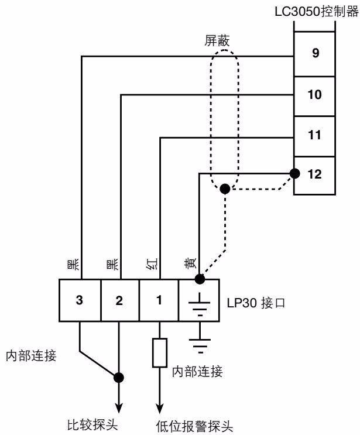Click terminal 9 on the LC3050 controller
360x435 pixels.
pos(314,54)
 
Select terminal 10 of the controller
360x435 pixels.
pos(314,96)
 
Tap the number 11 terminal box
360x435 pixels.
pos(314,136)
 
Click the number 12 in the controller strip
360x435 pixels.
pos(314,174)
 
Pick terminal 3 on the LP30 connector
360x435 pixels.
pos(80,300)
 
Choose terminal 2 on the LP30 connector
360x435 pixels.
pos(120,300)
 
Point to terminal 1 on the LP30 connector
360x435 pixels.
pos(159,300)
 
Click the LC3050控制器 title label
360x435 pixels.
pos(317,12)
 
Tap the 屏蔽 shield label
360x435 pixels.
pos(217,40)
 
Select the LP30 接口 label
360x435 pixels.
pos(256,303)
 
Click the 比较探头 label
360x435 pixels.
pos(92,424)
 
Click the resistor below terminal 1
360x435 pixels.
pos(159,352)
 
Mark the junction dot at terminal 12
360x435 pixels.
pos(294,174)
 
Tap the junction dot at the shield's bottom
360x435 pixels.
pos(225,189)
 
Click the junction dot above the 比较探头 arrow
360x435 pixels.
pos(119,378)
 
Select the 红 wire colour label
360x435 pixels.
pos(152,264)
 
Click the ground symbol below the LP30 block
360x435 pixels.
pos(200,345)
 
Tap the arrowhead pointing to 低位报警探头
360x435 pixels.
pos(159,409)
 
